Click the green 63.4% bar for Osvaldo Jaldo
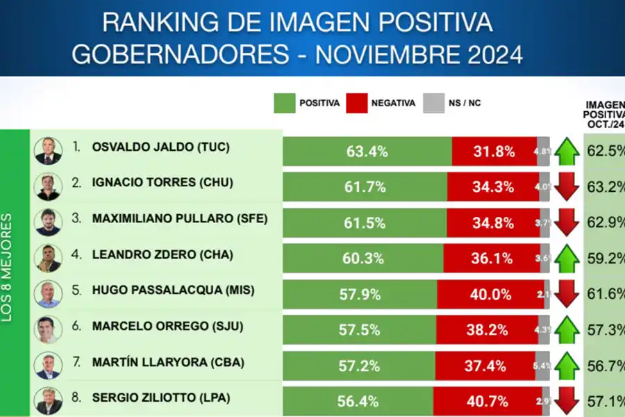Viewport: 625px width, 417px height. [367, 151]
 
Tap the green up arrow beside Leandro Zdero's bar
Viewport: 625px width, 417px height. [567, 259]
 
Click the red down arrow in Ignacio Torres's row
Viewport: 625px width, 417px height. [567, 187]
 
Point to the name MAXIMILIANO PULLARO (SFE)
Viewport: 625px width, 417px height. [179, 219]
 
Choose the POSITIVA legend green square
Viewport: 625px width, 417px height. [285, 104]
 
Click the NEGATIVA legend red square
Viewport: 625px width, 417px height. [358, 104]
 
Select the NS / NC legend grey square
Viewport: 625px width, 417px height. [434, 104]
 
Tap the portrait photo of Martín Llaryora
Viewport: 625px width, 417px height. [48, 366]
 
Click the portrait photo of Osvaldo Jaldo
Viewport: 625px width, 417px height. [48, 149]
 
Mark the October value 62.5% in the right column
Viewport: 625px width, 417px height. [604, 150]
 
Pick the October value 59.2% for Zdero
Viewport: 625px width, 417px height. [604, 259]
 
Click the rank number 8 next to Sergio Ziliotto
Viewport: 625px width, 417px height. [77, 398]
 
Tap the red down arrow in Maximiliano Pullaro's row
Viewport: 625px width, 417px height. [567, 222]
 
